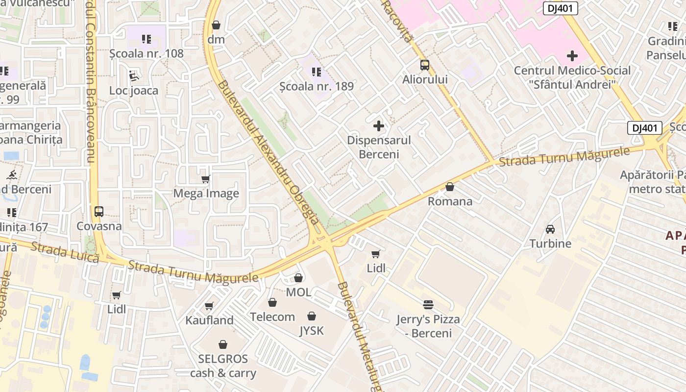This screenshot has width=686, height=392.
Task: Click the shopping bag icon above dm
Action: (216, 25)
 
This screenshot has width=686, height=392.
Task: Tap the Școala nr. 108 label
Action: (146, 53)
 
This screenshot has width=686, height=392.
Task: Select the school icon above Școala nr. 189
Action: (317, 72)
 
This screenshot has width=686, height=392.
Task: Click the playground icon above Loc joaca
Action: (134, 75)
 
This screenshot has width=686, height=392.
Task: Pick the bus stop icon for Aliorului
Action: (425, 65)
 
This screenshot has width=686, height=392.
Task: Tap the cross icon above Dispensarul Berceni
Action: (379, 126)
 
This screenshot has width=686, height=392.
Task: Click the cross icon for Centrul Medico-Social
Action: (572, 55)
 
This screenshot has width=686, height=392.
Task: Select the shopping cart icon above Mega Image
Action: (206, 179)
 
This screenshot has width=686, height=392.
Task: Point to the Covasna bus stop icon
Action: (99, 212)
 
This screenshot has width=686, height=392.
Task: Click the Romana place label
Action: (450, 201)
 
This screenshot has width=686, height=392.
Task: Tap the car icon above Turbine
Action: (550, 229)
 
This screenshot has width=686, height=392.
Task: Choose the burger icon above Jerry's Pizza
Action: (428, 305)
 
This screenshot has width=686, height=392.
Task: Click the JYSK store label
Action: (312, 331)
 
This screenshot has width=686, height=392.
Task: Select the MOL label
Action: (298, 293)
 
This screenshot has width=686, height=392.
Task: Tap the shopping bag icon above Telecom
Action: (272, 302)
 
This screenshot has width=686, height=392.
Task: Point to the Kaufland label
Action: (209, 320)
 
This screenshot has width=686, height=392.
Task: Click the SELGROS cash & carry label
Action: (223, 366)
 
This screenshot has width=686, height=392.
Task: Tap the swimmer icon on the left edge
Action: (11, 175)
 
